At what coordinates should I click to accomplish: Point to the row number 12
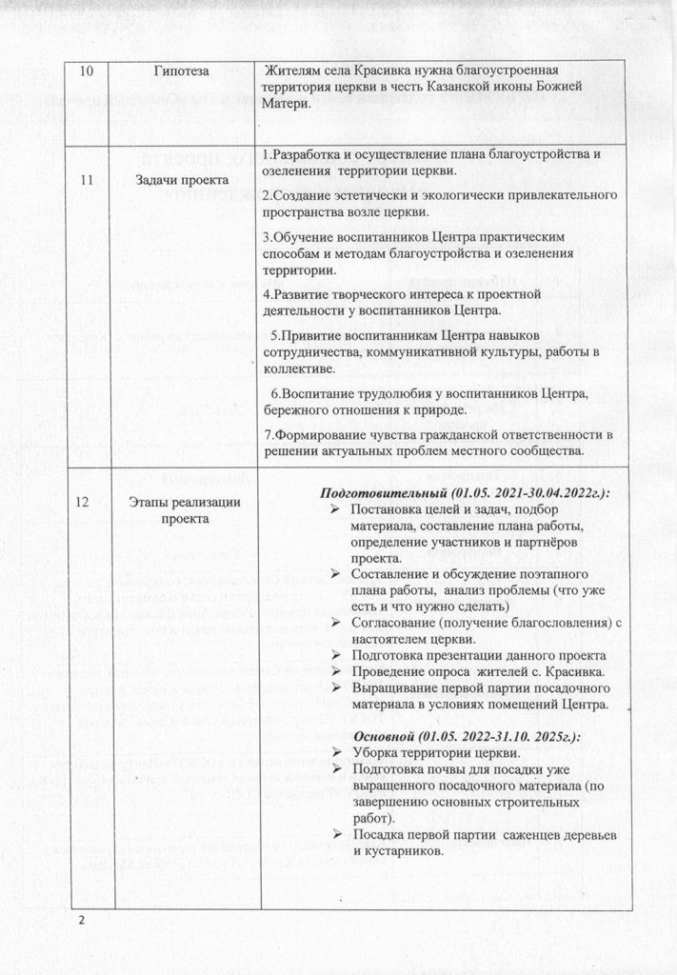click(86, 504)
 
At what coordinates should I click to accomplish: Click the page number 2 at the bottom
click(82, 921)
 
